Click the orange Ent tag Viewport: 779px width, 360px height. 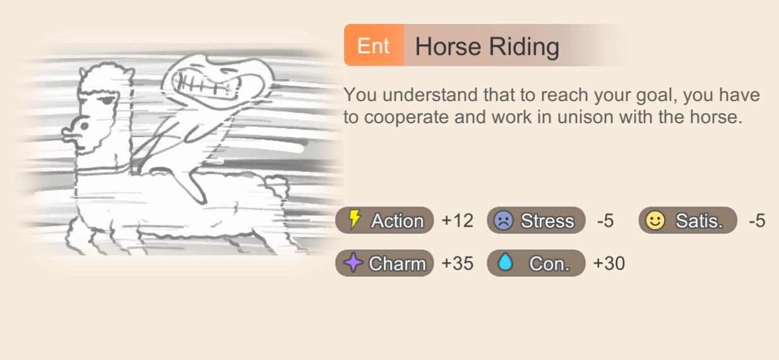pos(374,45)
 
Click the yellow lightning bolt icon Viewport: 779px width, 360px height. pos(355,220)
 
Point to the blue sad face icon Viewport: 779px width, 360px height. pos(504,220)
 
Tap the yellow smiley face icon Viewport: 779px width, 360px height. pos(655,220)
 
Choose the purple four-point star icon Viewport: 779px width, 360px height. pos(354,262)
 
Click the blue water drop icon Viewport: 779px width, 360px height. pos(505,262)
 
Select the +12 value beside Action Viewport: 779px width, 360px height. pos(457,220)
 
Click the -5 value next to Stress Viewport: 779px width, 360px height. pos(605,220)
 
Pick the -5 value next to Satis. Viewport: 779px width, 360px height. pos(757,220)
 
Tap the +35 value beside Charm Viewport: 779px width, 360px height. pos(457,263)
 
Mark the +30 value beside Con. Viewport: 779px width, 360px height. pos(609,263)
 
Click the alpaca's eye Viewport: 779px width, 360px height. pos(108,100)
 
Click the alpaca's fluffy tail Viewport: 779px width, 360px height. pos(277,184)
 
